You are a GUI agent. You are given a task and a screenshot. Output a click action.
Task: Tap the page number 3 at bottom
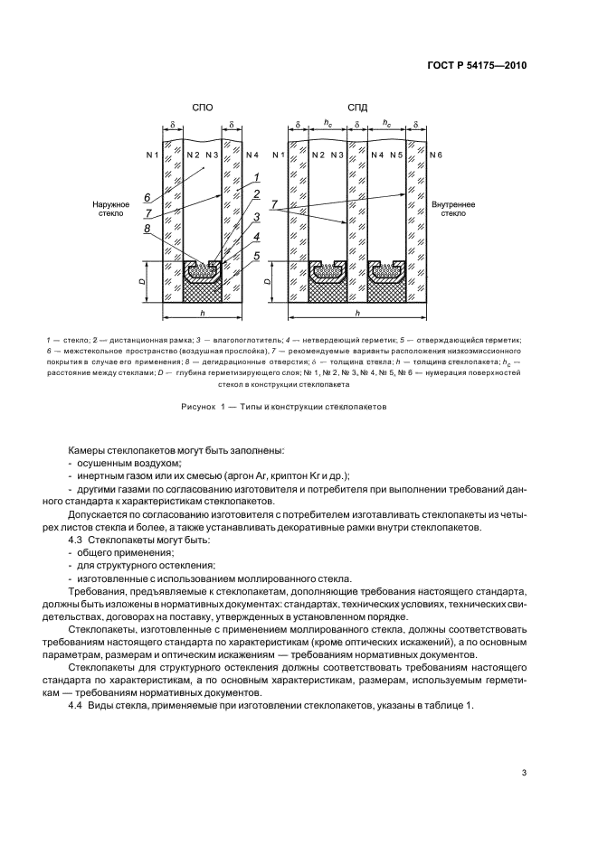(525, 772)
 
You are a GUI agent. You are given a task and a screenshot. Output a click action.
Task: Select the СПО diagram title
(203, 108)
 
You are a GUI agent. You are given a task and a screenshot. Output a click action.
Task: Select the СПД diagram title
(356, 108)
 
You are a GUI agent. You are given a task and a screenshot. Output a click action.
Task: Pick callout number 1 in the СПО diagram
(257, 177)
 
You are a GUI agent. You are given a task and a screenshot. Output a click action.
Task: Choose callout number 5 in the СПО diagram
(257, 256)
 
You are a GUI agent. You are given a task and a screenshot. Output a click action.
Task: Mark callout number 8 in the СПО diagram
(147, 230)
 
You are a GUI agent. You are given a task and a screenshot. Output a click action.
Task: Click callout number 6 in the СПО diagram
(147, 196)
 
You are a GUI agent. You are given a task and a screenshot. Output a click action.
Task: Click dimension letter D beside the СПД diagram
(268, 283)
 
